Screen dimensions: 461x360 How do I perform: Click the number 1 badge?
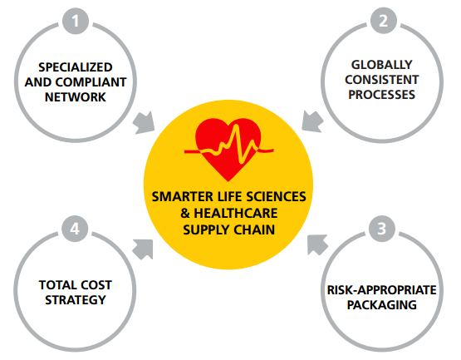point(76,21)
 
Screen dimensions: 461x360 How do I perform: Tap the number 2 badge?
point(384,21)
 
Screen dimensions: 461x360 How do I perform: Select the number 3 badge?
point(382,229)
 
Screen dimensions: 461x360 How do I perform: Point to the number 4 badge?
point(75,229)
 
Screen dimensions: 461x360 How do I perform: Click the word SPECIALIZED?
point(76,67)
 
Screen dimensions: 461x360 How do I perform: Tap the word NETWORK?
point(76,97)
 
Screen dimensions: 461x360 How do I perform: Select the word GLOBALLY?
point(382,65)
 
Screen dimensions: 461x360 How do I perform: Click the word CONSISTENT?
point(382,80)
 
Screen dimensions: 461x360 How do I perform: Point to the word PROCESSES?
point(382,95)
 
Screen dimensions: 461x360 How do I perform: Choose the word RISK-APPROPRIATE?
point(382,290)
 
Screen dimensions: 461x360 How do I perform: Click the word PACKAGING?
point(382,305)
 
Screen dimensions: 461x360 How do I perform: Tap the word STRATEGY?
point(76,300)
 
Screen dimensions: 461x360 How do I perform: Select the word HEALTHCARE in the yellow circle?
point(236,214)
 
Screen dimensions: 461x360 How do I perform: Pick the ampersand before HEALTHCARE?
point(185,214)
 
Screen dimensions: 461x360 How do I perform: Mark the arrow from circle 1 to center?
point(144,123)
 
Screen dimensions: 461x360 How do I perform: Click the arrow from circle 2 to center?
point(312,121)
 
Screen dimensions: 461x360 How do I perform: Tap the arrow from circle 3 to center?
point(317,244)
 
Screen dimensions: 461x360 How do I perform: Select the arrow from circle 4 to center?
point(143,249)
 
